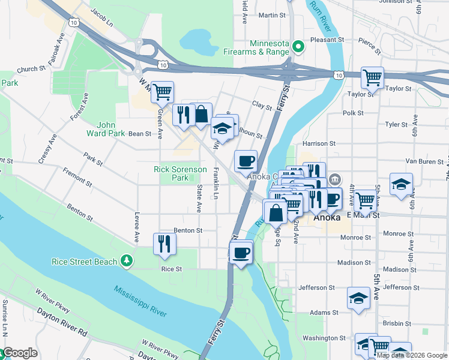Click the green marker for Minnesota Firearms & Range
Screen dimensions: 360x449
pyautogui.click(x=296, y=45)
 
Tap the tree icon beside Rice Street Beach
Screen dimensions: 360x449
pyautogui.click(x=127, y=260)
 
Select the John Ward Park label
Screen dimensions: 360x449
pyautogui.click(x=106, y=129)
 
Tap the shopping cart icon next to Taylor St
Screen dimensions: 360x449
pyautogui.click(x=372, y=77)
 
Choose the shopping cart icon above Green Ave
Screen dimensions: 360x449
pyautogui.click(x=162, y=92)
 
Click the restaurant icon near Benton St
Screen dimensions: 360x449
pyautogui.click(x=164, y=243)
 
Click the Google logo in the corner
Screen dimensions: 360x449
pyautogui.click(x=19, y=353)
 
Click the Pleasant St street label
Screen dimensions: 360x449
pyautogui.click(x=327, y=40)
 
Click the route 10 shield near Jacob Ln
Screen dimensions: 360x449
pyautogui.click(x=73, y=22)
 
